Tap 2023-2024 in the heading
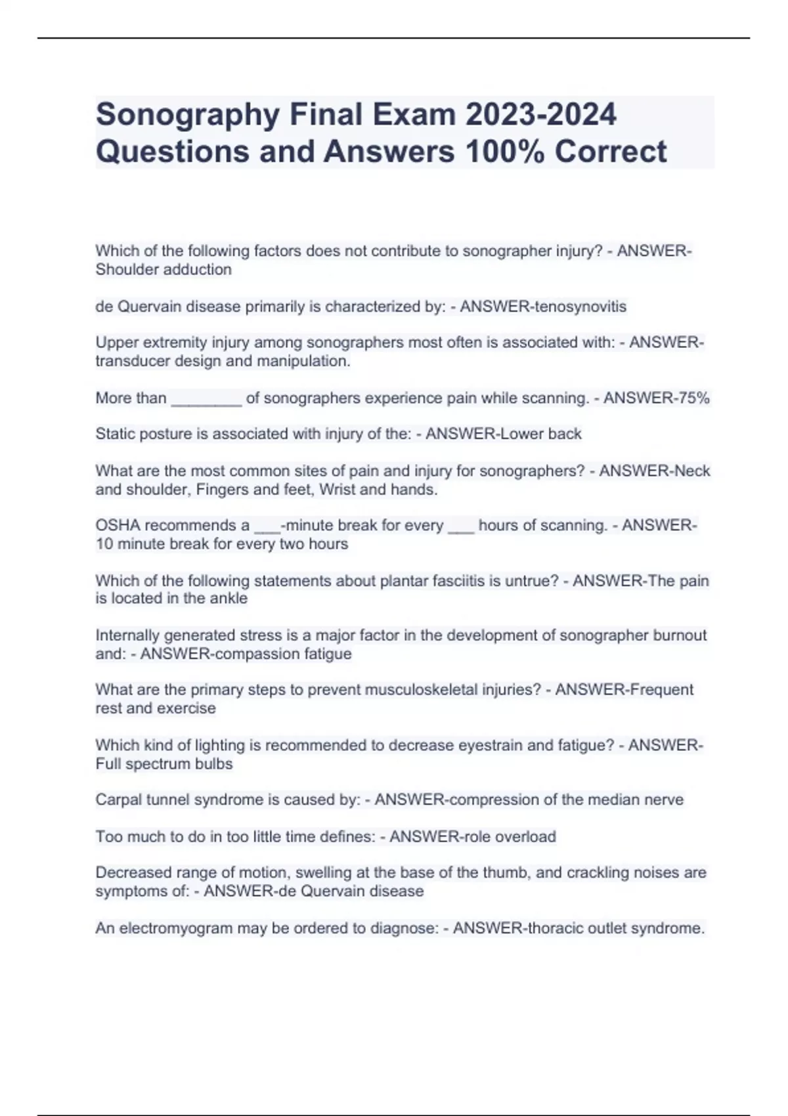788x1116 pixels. pyautogui.click(x=540, y=114)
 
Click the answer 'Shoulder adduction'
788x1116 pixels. pyautogui.click(x=164, y=270)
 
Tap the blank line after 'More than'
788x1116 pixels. pyautogui.click(x=206, y=399)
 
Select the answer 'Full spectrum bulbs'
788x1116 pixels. pyautogui.click(x=164, y=764)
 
